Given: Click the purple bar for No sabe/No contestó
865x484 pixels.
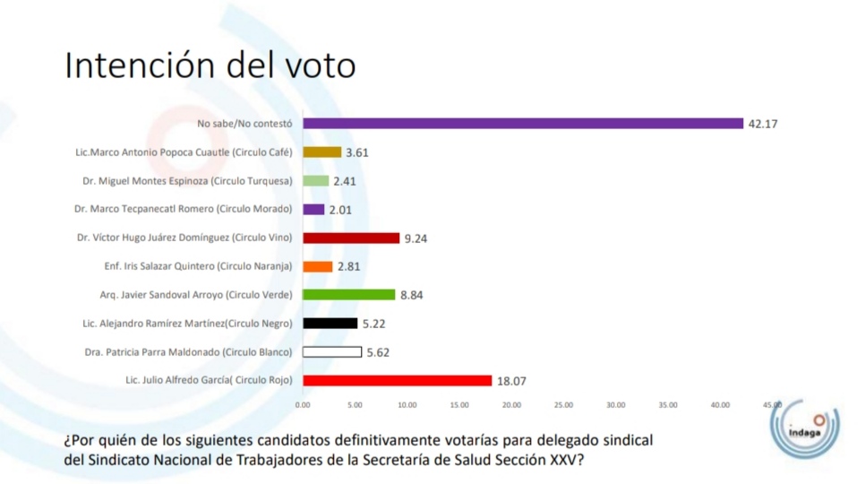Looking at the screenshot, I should pos(523,124).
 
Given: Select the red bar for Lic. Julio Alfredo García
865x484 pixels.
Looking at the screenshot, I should pos(398,380).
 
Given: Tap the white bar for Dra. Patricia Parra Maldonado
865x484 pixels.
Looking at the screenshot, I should pos(332,352).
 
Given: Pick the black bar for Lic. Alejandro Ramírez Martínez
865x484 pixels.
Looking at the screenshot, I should pos(330,324).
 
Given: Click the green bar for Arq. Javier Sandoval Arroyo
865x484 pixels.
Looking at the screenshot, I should pos(349,295).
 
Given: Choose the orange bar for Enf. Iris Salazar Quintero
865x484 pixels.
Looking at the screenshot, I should pos(318,266).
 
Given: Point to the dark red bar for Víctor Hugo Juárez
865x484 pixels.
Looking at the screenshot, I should pos(351,238).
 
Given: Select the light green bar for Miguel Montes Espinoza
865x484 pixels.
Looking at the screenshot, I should pos(316,181).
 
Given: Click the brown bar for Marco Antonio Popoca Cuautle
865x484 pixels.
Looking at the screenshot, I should pos(322,152).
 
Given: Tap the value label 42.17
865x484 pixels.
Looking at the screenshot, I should pos(763,124).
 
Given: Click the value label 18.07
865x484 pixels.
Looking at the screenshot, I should pos(511,381).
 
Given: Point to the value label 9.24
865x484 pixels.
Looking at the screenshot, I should pos(416,238).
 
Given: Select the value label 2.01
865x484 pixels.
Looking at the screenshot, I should pos(341,210).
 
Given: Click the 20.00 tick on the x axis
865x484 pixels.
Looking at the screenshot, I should pos(511,405).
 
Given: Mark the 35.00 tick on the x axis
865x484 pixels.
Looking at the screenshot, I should pos(668,405).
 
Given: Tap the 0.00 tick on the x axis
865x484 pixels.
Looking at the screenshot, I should pos(303,405).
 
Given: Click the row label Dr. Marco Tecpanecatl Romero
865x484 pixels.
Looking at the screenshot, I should pos(184,210).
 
